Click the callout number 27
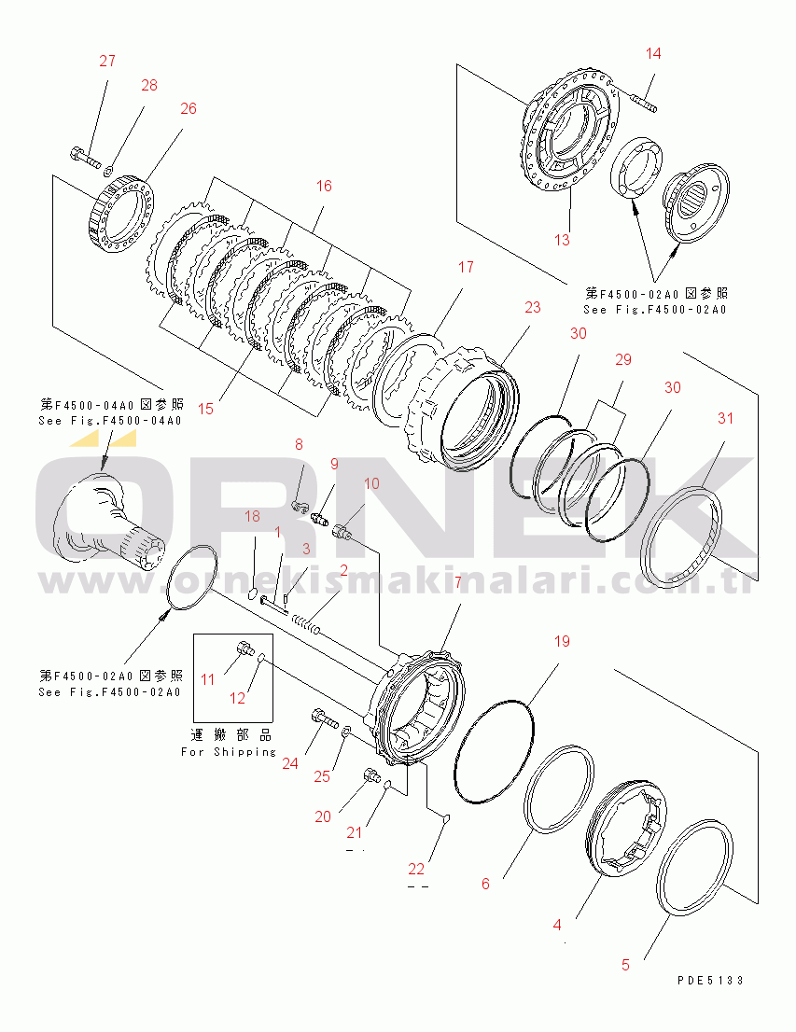click(107, 62)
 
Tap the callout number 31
click(726, 418)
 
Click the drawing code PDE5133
click(711, 980)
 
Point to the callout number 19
click(560, 642)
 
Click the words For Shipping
click(229, 751)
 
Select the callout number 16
click(324, 186)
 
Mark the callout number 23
click(532, 307)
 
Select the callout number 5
click(625, 965)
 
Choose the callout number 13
click(561, 240)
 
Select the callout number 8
click(299, 444)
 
